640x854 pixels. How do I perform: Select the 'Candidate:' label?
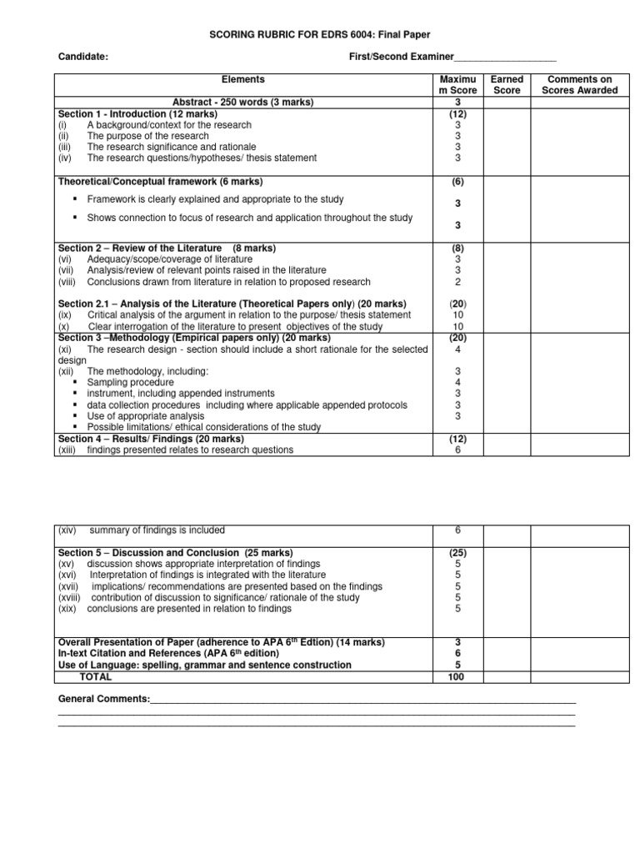tap(82, 57)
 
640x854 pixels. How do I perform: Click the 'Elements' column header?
tap(242, 79)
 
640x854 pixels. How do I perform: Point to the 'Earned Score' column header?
tap(507, 84)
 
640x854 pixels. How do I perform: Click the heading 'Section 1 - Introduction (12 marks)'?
tap(137, 113)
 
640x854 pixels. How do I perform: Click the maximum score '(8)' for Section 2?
tap(456, 249)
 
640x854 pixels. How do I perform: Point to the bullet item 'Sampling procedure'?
tap(130, 382)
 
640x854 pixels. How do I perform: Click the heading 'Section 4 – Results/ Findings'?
tap(151, 438)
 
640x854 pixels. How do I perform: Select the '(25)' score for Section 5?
tap(456, 553)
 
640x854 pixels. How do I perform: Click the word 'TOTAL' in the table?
tap(95, 676)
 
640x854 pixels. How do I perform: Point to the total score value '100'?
tap(456, 676)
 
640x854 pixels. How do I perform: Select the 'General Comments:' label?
tap(104, 698)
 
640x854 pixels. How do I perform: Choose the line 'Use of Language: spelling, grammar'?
tap(204, 665)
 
